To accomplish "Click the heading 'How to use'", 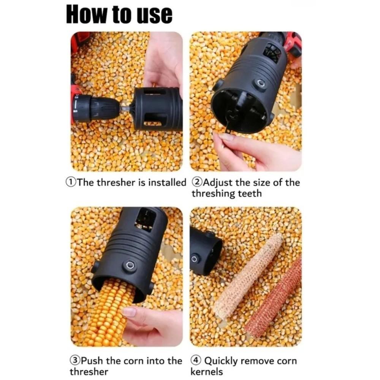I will (119, 14).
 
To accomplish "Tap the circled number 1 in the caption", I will (71, 182).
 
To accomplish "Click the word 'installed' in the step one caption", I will (167, 182).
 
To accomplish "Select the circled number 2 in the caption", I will (197, 182).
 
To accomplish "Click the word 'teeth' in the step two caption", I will (250, 193).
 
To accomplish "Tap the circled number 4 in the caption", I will (197, 361).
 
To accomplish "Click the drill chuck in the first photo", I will (100, 108).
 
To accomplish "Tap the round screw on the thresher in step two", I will (260, 83).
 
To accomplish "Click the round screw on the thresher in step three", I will (130, 265).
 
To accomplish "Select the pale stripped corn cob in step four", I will (249, 275).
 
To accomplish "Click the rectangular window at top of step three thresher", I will (145, 220).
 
